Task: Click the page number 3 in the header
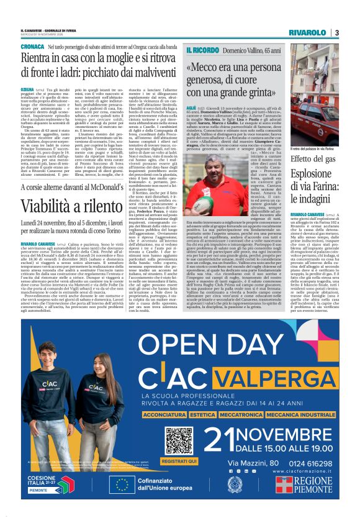(337, 32)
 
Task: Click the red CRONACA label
(32, 47)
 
